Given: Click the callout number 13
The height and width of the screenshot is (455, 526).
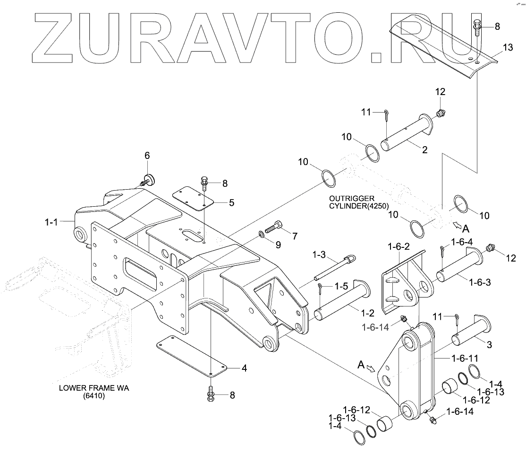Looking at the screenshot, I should click(x=507, y=47).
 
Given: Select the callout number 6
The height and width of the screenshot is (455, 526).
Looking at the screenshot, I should click(x=147, y=155).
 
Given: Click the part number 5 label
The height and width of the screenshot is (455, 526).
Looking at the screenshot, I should click(x=231, y=203).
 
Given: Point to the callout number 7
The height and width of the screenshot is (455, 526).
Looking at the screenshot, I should click(x=295, y=236).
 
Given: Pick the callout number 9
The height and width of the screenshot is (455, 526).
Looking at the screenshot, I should click(x=278, y=245).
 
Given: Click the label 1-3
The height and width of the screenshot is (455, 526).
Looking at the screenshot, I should click(x=320, y=255).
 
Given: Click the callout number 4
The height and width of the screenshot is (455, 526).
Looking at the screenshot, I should click(x=244, y=367).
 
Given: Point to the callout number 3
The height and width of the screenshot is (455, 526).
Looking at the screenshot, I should click(x=489, y=345).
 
